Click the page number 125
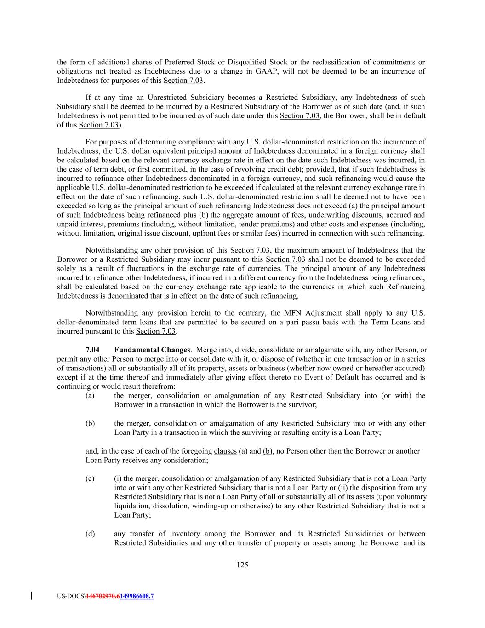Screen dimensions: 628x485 [242, 565]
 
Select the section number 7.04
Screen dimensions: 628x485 [92, 350]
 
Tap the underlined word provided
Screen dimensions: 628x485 [320, 169]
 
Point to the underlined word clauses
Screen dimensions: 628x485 [225, 451]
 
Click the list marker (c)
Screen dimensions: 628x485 [90, 479]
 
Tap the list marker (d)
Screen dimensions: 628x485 [90, 534]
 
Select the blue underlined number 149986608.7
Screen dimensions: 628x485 [137, 597]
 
